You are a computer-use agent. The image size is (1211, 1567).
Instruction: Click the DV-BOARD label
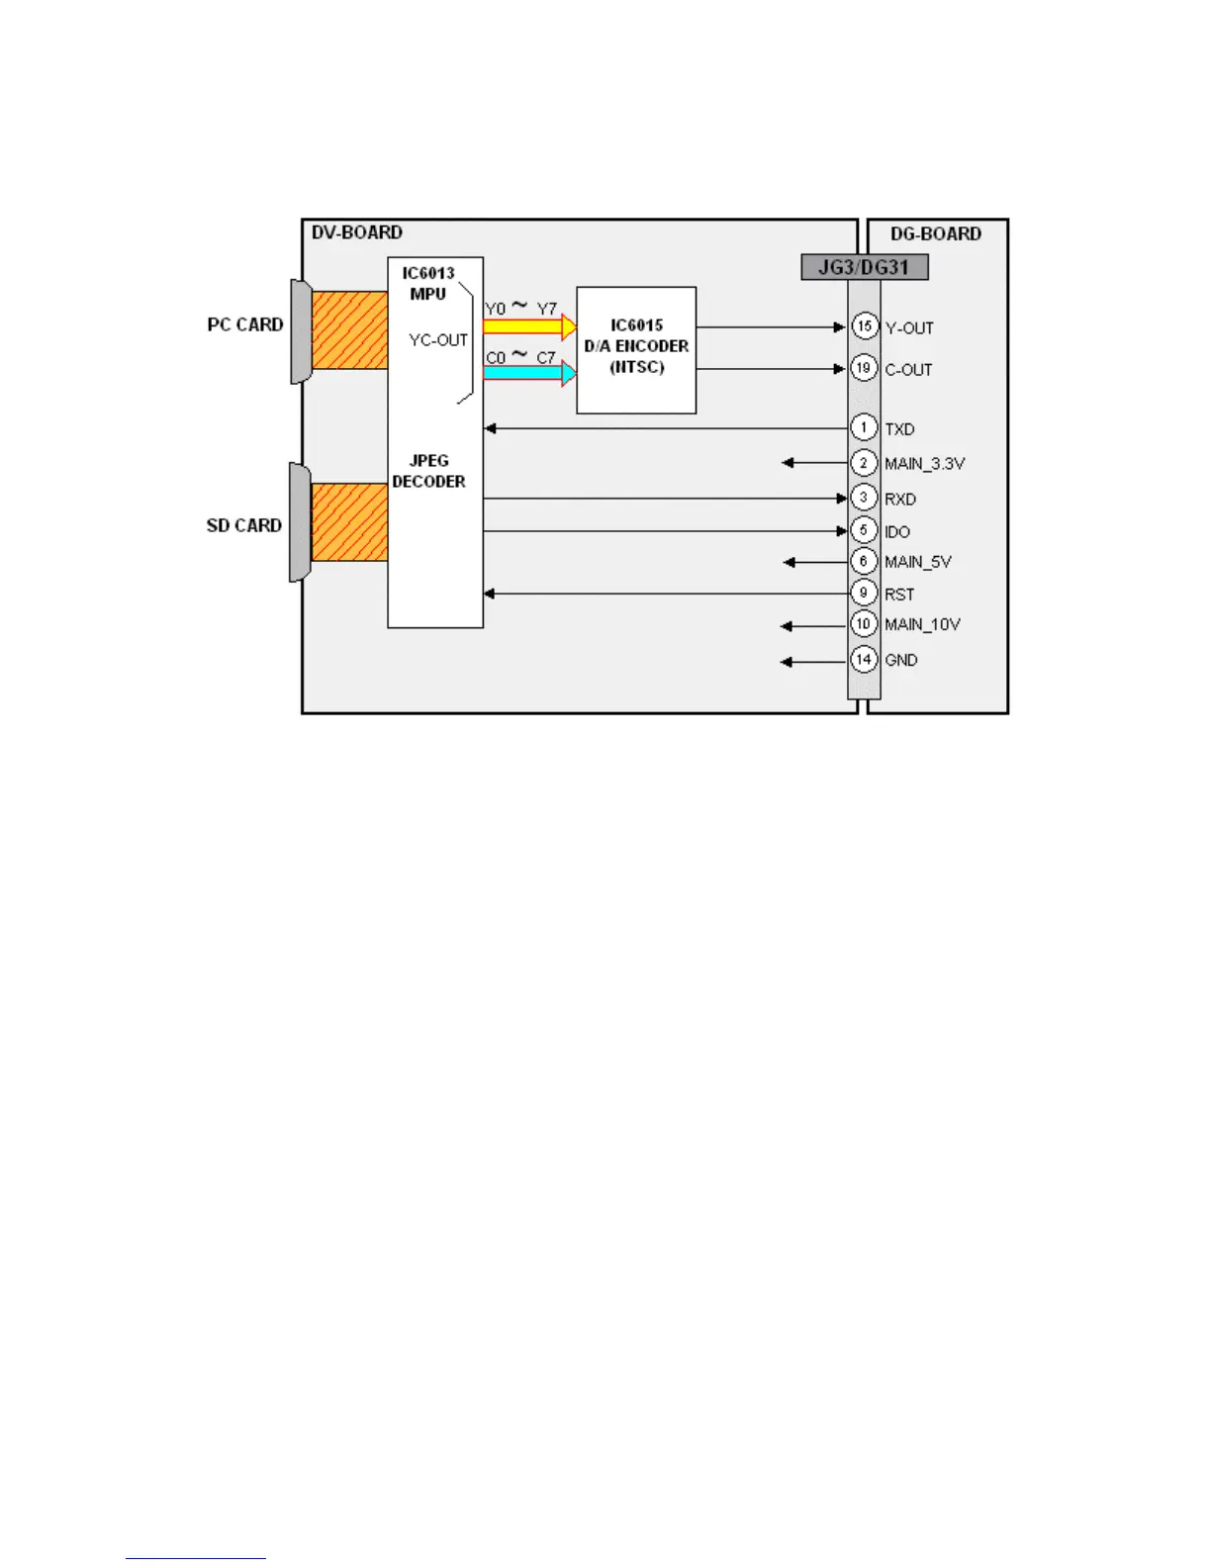(x=356, y=232)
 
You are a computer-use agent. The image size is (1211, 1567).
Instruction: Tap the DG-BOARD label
(x=935, y=233)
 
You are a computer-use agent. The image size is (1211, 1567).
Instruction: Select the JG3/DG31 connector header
(x=864, y=267)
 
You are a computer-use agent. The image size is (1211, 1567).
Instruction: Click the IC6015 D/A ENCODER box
(x=636, y=349)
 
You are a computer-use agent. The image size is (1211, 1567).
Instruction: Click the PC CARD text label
(x=245, y=324)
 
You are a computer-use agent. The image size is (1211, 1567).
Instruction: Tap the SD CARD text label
(x=244, y=525)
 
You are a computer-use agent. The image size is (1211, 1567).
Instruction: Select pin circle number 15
(x=865, y=325)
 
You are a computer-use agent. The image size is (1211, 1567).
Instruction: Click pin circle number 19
(x=864, y=368)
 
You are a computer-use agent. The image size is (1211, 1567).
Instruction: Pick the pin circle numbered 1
(x=864, y=427)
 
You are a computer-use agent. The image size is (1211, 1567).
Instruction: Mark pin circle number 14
(x=864, y=659)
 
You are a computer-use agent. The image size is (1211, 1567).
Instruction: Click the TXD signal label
(x=899, y=429)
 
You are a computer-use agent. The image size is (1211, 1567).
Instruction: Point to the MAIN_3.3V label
(x=924, y=463)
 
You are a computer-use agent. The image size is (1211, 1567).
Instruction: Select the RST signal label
(x=899, y=595)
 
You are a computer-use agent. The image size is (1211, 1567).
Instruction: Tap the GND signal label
(x=900, y=660)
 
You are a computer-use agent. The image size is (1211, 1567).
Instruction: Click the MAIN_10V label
(x=922, y=624)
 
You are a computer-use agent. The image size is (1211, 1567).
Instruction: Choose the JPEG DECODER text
(x=428, y=471)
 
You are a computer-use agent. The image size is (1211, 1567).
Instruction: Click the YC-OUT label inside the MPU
(x=438, y=340)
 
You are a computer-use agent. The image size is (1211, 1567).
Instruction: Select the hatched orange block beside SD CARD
(x=349, y=522)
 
